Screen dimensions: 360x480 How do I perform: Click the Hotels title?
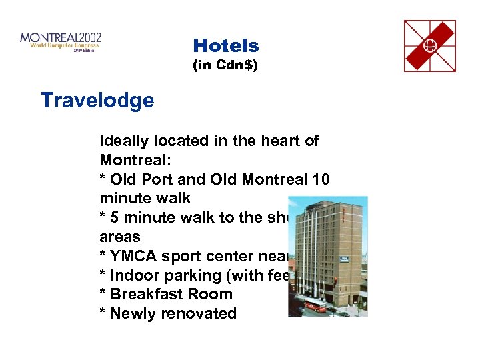tap(225, 45)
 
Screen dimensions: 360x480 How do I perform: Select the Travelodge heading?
tap(97, 101)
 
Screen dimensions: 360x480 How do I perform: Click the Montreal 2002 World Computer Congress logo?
tap(61, 41)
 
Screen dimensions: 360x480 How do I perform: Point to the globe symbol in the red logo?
tap(430, 46)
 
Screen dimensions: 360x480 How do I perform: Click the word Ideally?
tap(127, 141)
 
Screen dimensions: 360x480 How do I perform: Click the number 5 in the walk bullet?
tap(115, 218)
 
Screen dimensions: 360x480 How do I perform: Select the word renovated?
tap(204, 313)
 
